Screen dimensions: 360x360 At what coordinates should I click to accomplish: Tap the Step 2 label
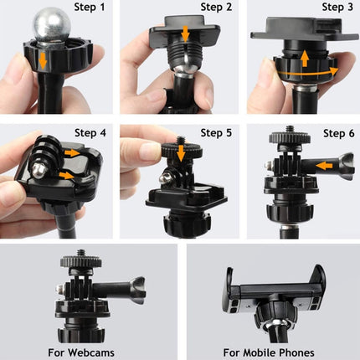pos(211,8)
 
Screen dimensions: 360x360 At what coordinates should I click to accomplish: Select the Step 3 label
pos(336,8)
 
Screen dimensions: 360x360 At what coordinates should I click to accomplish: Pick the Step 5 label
pos(211,132)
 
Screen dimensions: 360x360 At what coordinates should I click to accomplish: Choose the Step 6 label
pos(336,132)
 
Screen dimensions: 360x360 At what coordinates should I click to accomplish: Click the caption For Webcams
pos(90,352)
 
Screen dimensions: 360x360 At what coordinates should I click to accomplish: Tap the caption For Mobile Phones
pos(270,352)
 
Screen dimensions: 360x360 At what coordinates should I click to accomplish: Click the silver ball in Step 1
pos(47,28)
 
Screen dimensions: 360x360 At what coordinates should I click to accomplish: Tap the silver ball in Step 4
pos(37,171)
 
